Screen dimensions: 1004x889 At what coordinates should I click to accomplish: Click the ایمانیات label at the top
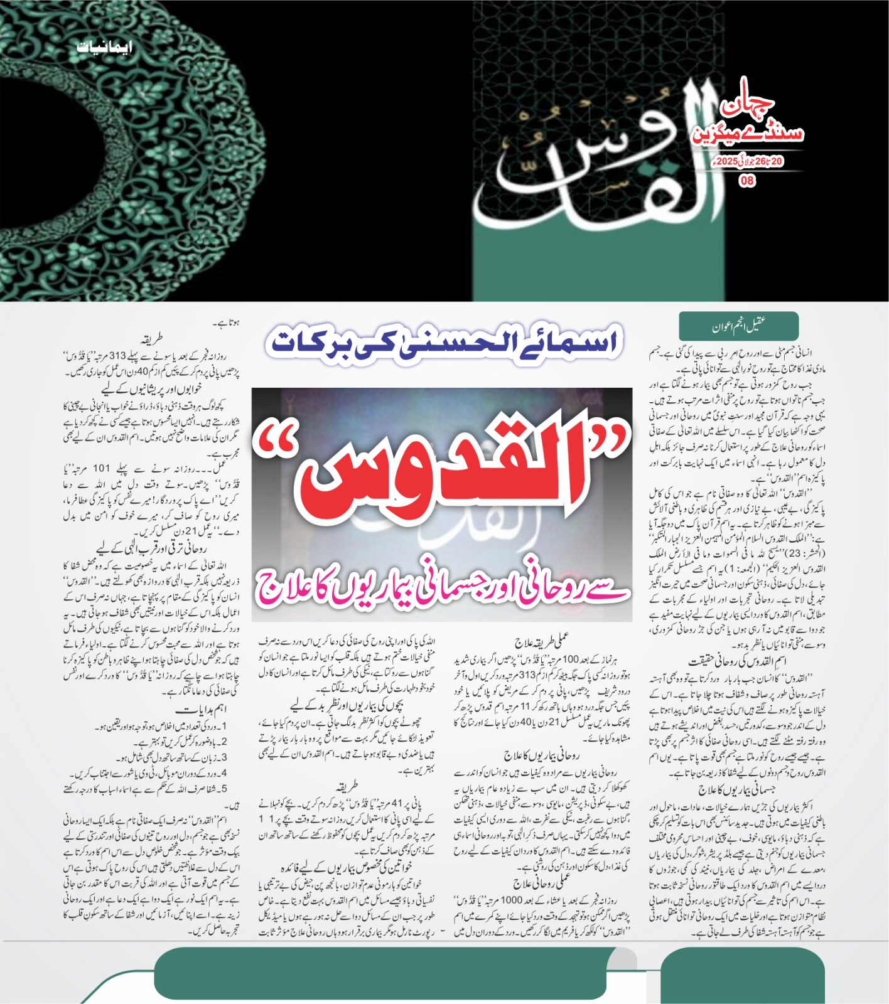(x=105, y=47)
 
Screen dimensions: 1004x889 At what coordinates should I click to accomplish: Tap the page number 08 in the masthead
(x=747, y=181)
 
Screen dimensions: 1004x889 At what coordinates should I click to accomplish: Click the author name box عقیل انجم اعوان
(x=738, y=326)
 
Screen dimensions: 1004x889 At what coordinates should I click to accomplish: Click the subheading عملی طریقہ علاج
(x=542, y=641)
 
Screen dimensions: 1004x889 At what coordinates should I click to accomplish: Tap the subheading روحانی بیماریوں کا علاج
(x=541, y=755)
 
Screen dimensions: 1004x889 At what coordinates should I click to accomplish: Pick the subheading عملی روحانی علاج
(x=541, y=884)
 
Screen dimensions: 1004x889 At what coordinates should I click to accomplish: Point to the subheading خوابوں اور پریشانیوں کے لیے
(x=151, y=389)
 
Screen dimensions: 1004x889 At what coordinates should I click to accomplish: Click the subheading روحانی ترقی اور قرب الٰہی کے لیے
(x=151, y=548)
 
